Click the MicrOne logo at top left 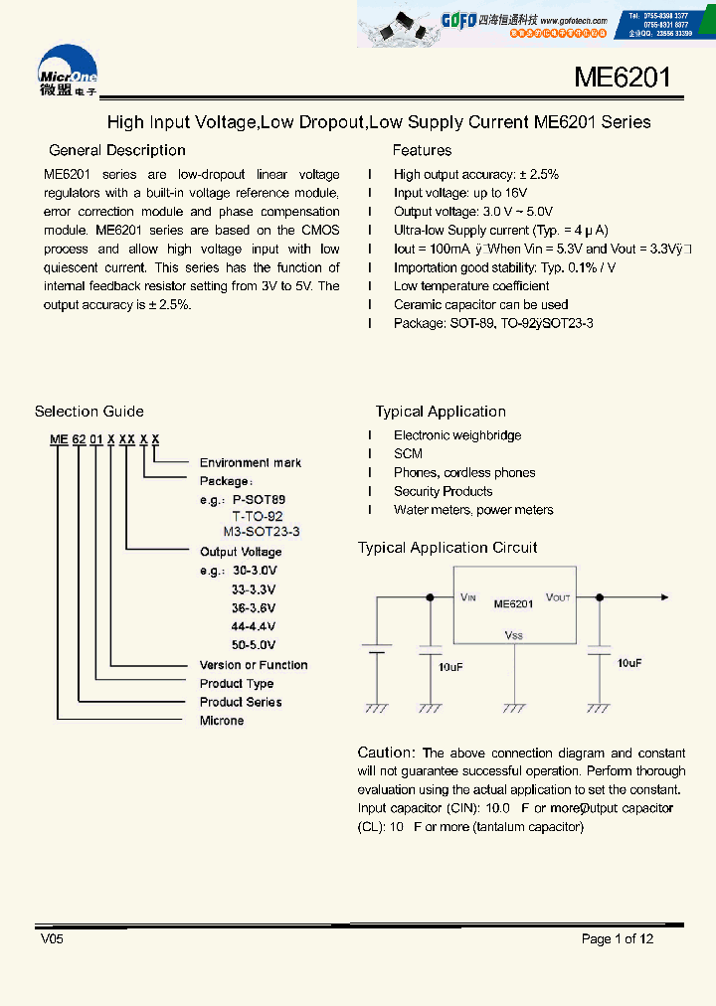pyautogui.click(x=68, y=72)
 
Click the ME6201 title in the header pyautogui.click(x=623, y=78)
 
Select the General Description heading pyautogui.click(x=117, y=150)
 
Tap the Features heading pyautogui.click(x=422, y=150)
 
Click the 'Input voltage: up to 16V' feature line pyautogui.click(x=459, y=193)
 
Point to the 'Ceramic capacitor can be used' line pyautogui.click(x=480, y=304)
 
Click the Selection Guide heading pyautogui.click(x=89, y=412)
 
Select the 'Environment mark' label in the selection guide pyautogui.click(x=250, y=463)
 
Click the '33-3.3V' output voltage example pyautogui.click(x=254, y=589)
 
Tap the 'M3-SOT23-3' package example pyautogui.click(x=261, y=532)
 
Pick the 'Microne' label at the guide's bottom pyautogui.click(x=221, y=721)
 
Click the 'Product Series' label pyautogui.click(x=240, y=702)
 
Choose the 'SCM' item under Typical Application pyautogui.click(x=408, y=454)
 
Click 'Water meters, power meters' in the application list pyautogui.click(x=473, y=510)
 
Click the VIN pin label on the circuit pyautogui.click(x=468, y=598)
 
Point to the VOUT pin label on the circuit pyautogui.click(x=558, y=598)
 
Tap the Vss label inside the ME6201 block pyautogui.click(x=513, y=635)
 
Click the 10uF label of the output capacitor pyautogui.click(x=628, y=662)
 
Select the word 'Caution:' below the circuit pyautogui.click(x=386, y=753)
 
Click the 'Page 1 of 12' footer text pyautogui.click(x=618, y=939)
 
